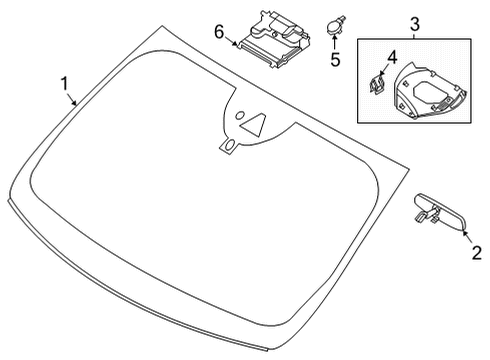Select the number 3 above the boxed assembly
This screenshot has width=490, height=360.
point(415,23)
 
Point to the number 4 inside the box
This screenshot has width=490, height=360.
point(392,56)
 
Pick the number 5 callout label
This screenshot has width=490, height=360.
point(335,60)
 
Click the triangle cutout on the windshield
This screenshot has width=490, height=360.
point(257,125)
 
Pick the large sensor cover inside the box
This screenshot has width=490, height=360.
point(425,95)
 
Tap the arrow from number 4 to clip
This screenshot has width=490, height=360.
point(386,67)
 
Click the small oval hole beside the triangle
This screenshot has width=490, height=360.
point(232,145)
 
